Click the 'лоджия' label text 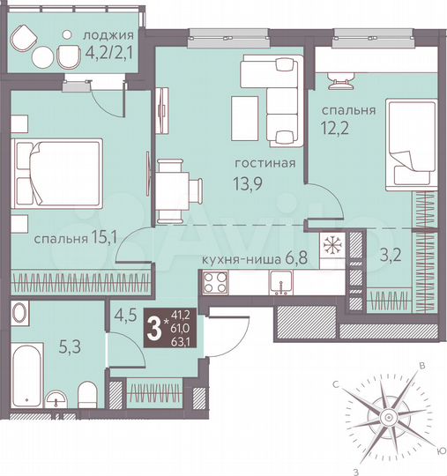point(108,35)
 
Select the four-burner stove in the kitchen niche point(213,283)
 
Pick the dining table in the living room point(179,189)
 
